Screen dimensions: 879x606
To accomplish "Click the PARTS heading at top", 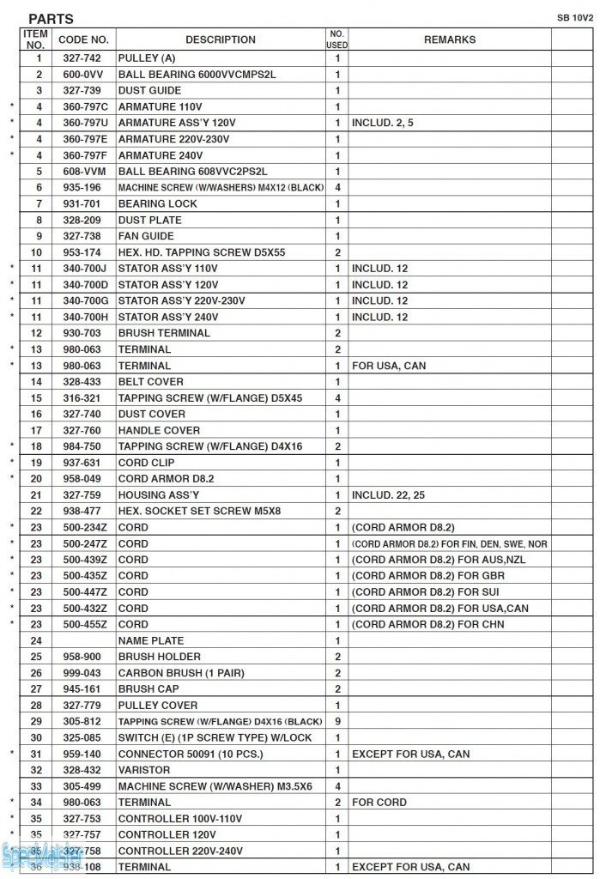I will coord(51,19).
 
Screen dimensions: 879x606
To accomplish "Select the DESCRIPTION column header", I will coord(220,39).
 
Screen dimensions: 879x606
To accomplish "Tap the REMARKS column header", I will coord(449,39).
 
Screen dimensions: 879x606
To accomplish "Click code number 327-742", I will coord(83,58).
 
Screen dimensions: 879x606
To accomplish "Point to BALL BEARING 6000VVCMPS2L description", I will coord(197,75).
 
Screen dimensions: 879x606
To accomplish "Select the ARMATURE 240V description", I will coord(161,155).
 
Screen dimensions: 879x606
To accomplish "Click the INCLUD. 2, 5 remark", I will coord(383,123).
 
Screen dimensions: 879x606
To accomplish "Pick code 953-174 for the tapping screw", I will coord(83,252).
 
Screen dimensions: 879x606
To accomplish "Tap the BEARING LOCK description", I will coord(157,203).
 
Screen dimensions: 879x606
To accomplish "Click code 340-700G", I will coord(85,300).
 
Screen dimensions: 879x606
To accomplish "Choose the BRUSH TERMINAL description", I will coord(163,333).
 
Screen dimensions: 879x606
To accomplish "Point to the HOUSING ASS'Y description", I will coord(159,495).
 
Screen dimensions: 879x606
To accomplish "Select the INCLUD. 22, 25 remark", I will coord(385,495).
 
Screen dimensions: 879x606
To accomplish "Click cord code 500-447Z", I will coord(85,591).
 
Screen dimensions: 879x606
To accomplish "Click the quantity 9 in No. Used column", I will coord(337,721).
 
